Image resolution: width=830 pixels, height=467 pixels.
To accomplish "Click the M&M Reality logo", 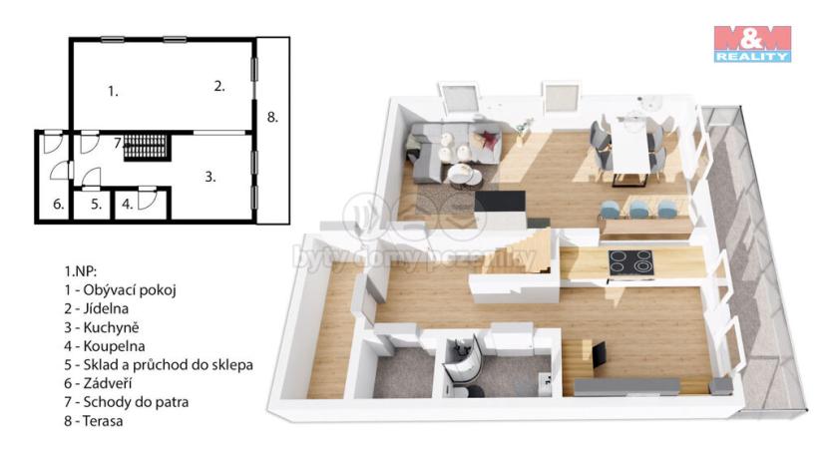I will [752, 44].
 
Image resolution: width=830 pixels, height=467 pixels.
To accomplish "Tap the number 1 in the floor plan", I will [114, 91].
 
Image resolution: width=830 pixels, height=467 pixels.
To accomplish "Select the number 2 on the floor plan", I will [219, 86].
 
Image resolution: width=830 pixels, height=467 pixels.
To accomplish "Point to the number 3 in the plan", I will [210, 177].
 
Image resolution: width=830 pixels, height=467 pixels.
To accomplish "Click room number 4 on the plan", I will [127, 205].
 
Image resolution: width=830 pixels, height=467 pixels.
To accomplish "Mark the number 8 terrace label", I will [272, 117].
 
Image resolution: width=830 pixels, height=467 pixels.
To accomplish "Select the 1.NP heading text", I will [81, 270].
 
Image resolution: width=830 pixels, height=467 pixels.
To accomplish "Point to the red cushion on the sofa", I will [488, 139].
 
